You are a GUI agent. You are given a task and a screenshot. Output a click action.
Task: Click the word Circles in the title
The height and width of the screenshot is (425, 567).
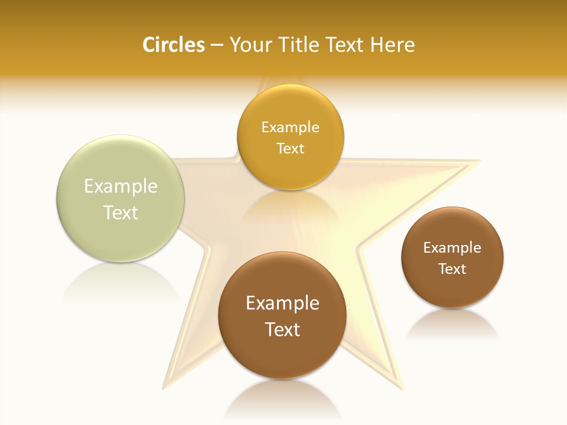pyautogui.click(x=174, y=45)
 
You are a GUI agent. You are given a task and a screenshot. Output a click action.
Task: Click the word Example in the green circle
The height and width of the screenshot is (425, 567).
pyautogui.click(x=120, y=187)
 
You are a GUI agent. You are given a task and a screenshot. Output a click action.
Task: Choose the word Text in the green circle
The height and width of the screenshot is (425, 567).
pyautogui.click(x=120, y=212)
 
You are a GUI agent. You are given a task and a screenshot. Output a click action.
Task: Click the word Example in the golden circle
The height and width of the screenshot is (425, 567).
pyautogui.click(x=290, y=127)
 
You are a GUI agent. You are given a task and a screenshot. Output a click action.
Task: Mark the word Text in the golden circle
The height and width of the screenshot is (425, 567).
pyautogui.click(x=290, y=148)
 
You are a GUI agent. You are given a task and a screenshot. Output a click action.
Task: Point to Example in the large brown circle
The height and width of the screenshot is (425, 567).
pyautogui.click(x=282, y=303)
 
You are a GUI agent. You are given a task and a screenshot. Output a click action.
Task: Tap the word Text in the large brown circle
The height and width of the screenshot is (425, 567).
pyautogui.click(x=282, y=329)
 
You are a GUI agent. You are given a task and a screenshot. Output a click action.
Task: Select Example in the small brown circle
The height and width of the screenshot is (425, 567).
pyautogui.click(x=452, y=248)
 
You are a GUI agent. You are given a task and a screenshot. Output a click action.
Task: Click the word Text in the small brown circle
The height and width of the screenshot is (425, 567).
pyautogui.click(x=452, y=269)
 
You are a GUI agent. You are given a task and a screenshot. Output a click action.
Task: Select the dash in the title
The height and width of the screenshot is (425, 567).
pyautogui.click(x=217, y=45)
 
